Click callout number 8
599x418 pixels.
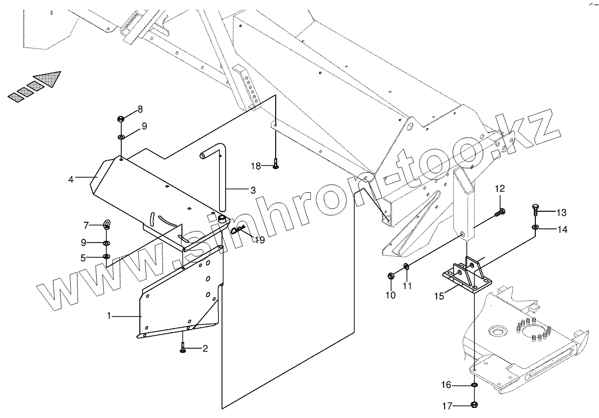pyautogui.click(x=140, y=109)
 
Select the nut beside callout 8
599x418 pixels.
pyautogui.click(x=121, y=119)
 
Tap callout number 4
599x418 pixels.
pyautogui.click(x=71, y=179)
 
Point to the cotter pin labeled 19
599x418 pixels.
pyautogui.click(x=239, y=231)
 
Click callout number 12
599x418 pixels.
pyautogui.click(x=500, y=189)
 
